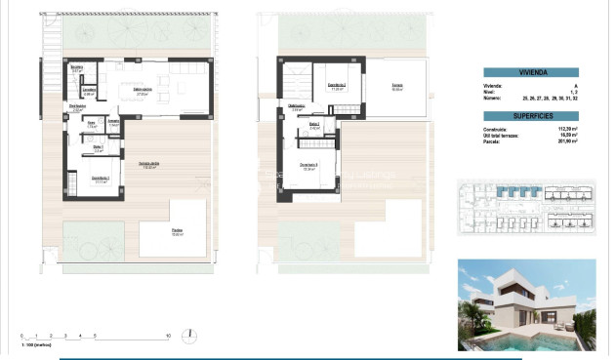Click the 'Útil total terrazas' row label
pyautogui.click(x=504, y=135)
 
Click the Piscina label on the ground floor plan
pyautogui.click(x=176, y=232)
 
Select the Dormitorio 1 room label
pyautogui.click(x=101, y=179)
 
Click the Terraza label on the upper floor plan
pyautogui.click(x=398, y=87)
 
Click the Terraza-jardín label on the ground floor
pyautogui.click(x=148, y=163)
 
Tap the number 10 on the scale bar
pyautogui.click(x=169, y=336)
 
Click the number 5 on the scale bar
pyautogui.click(x=95, y=336)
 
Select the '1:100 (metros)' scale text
pyautogui.click(x=36, y=345)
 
